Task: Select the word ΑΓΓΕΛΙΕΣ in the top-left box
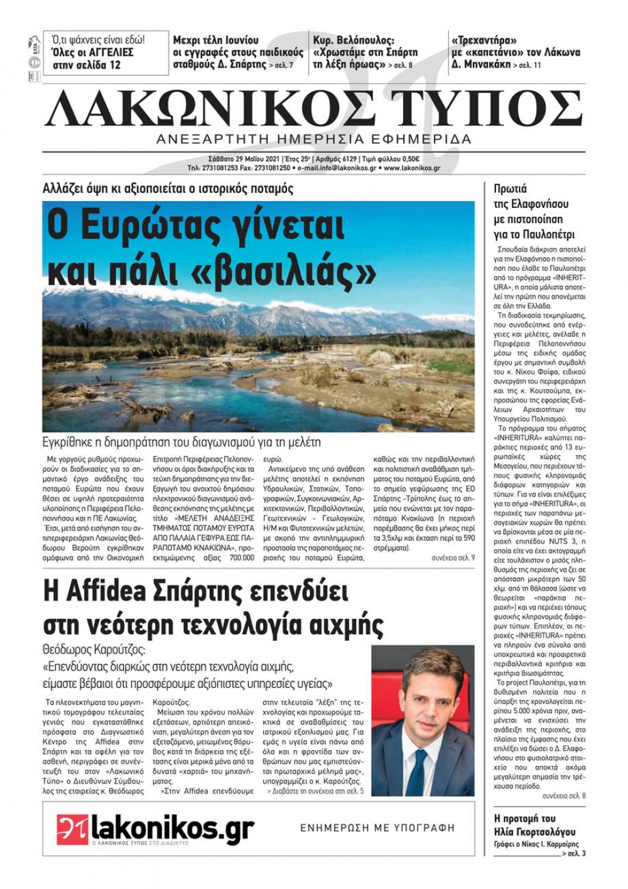pyautogui.click(x=106, y=52)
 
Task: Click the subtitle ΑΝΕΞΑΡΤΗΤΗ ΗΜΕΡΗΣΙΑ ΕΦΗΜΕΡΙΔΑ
pyautogui.click(x=314, y=139)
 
